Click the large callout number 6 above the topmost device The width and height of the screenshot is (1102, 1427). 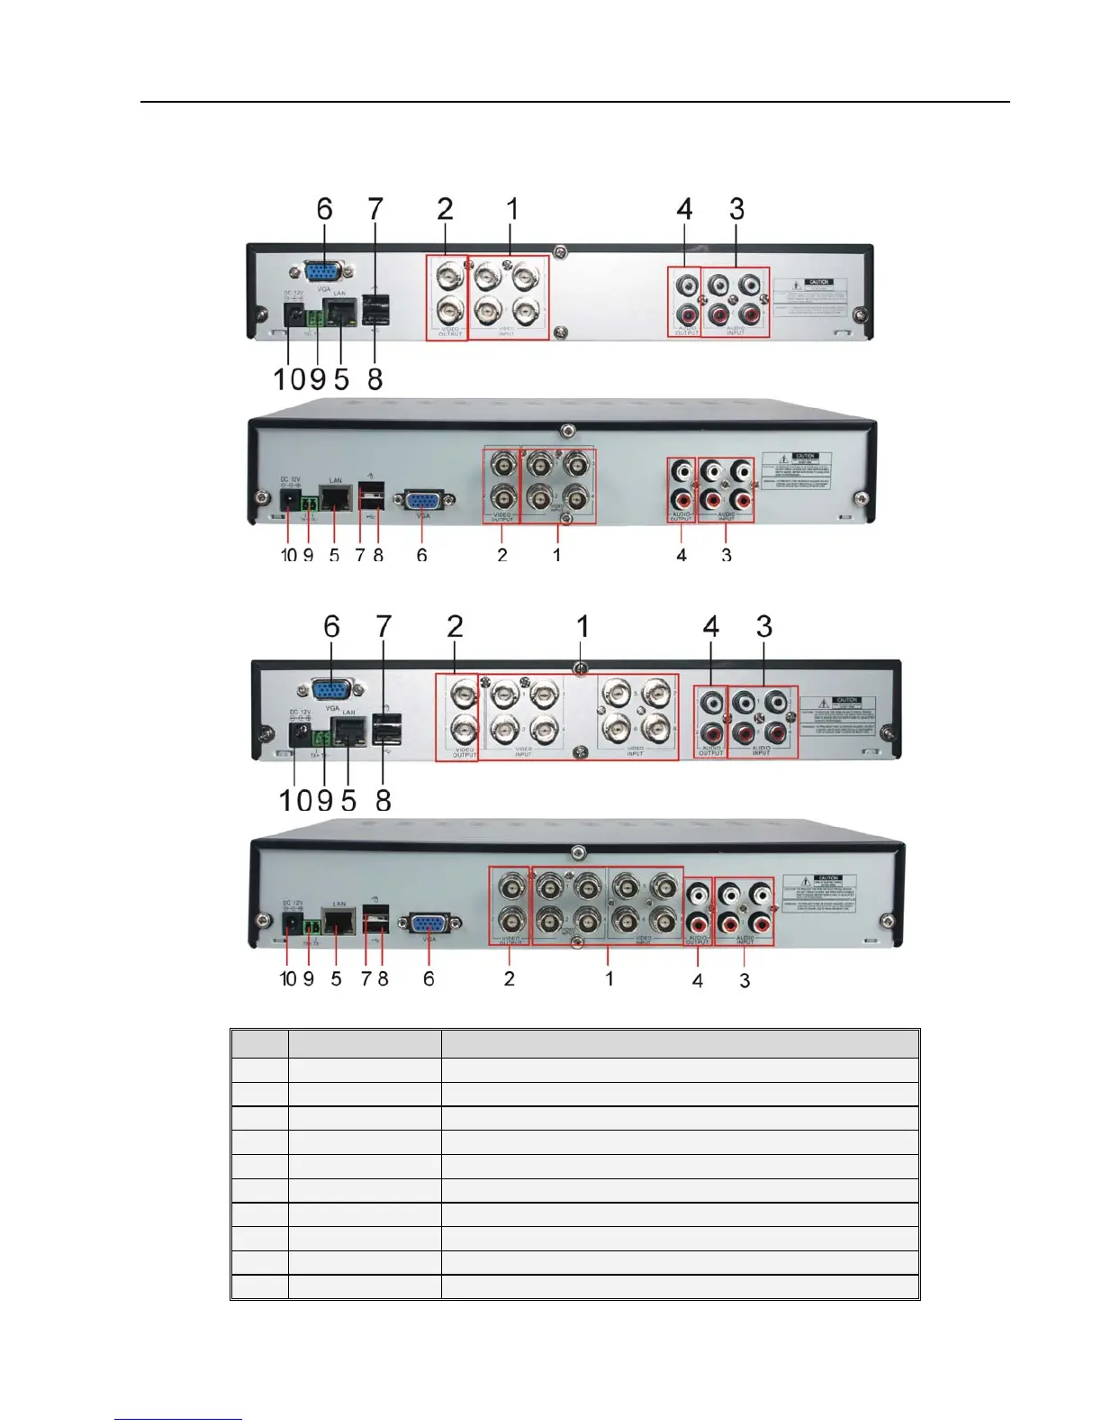[x=324, y=209]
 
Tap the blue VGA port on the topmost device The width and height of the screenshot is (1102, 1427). [x=323, y=273]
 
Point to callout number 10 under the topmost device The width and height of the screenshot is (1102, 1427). [x=290, y=379]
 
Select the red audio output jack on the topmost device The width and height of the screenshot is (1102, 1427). [x=686, y=317]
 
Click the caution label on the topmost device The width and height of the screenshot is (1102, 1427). [x=817, y=297]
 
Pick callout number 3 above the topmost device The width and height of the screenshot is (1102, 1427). [x=736, y=209]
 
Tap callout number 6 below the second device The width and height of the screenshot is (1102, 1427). [x=421, y=556]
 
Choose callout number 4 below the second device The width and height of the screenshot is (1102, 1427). [x=682, y=556]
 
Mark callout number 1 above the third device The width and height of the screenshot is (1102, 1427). [x=583, y=626]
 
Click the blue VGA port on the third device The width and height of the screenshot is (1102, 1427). [x=332, y=690]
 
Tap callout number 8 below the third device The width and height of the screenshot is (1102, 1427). [x=384, y=800]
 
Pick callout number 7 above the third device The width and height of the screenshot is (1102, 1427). [x=384, y=626]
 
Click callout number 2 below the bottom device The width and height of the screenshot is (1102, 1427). [x=510, y=978]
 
